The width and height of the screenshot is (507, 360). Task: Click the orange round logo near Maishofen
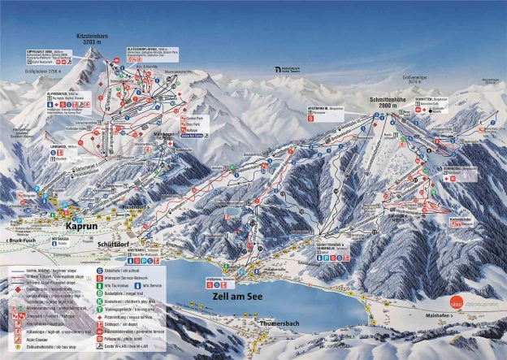[x=461, y=299]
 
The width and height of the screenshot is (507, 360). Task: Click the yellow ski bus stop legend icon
[x=14, y=355]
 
